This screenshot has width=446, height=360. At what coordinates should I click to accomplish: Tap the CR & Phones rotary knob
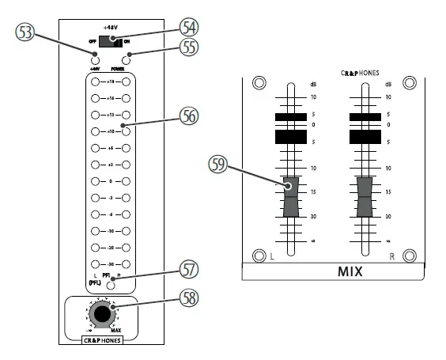(x=101, y=314)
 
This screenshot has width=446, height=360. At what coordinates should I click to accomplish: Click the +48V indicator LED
(x=94, y=59)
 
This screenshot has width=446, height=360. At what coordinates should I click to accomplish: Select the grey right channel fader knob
(x=365, y=195)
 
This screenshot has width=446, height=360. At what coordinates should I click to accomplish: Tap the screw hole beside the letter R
(x=409, y=255)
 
